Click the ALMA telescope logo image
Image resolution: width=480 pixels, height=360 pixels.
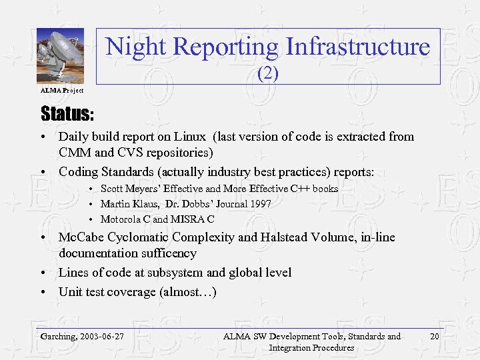[60, 56]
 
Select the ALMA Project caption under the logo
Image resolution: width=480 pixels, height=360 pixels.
[62, 90]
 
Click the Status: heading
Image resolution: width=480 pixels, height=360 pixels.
[67, 112]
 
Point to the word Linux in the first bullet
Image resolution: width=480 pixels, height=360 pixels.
[190, 137]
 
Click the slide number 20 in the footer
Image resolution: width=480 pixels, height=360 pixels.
[435, 336]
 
